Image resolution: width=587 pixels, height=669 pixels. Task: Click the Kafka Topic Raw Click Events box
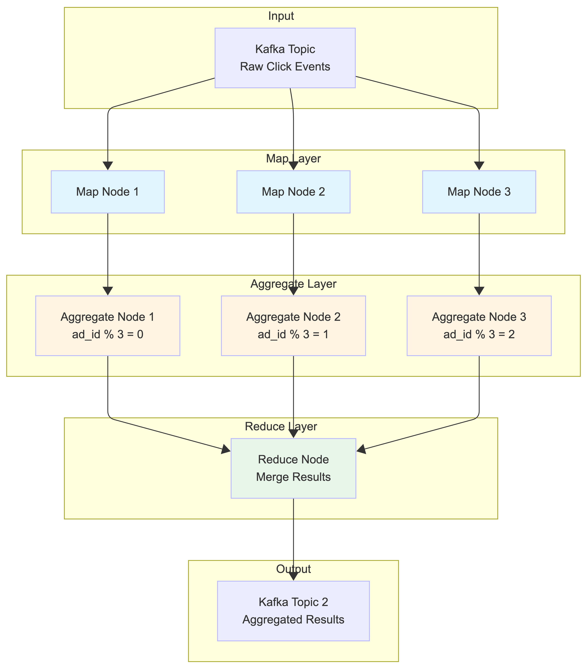click(x=285, y=58)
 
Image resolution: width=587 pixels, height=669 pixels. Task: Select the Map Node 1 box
click(x=108, y=192)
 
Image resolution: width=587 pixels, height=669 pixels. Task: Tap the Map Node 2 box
click(x=293, y=192)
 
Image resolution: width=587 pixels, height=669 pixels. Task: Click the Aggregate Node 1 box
click(x=108, y=326)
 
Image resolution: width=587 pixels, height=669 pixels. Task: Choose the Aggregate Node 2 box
click(x=293, y=326)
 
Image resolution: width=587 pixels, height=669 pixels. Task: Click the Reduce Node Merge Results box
click(x=293, y=468)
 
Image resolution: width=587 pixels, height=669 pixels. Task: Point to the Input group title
click(x=281, y=16)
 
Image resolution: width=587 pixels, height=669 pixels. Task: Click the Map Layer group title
click(x=293, y=159)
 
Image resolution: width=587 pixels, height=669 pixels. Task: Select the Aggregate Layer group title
click(x=293, y=284)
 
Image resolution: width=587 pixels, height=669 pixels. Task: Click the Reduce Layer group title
click(x=281, y=426)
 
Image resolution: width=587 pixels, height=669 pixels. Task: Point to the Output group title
click(x=293, y=569)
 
